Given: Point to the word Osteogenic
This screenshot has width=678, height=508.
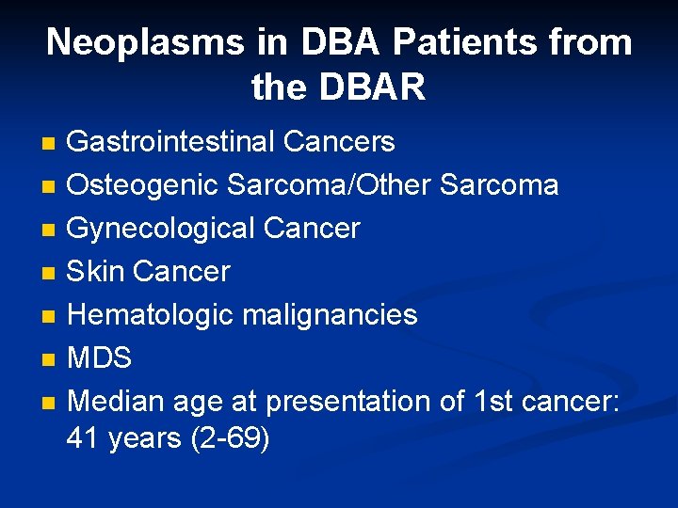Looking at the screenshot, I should coord(144,185).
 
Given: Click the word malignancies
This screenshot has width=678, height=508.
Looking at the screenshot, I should coord(330,314).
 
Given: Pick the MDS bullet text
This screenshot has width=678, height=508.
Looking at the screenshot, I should coord(100,357).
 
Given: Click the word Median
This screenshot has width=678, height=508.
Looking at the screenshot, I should coord(116,401).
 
